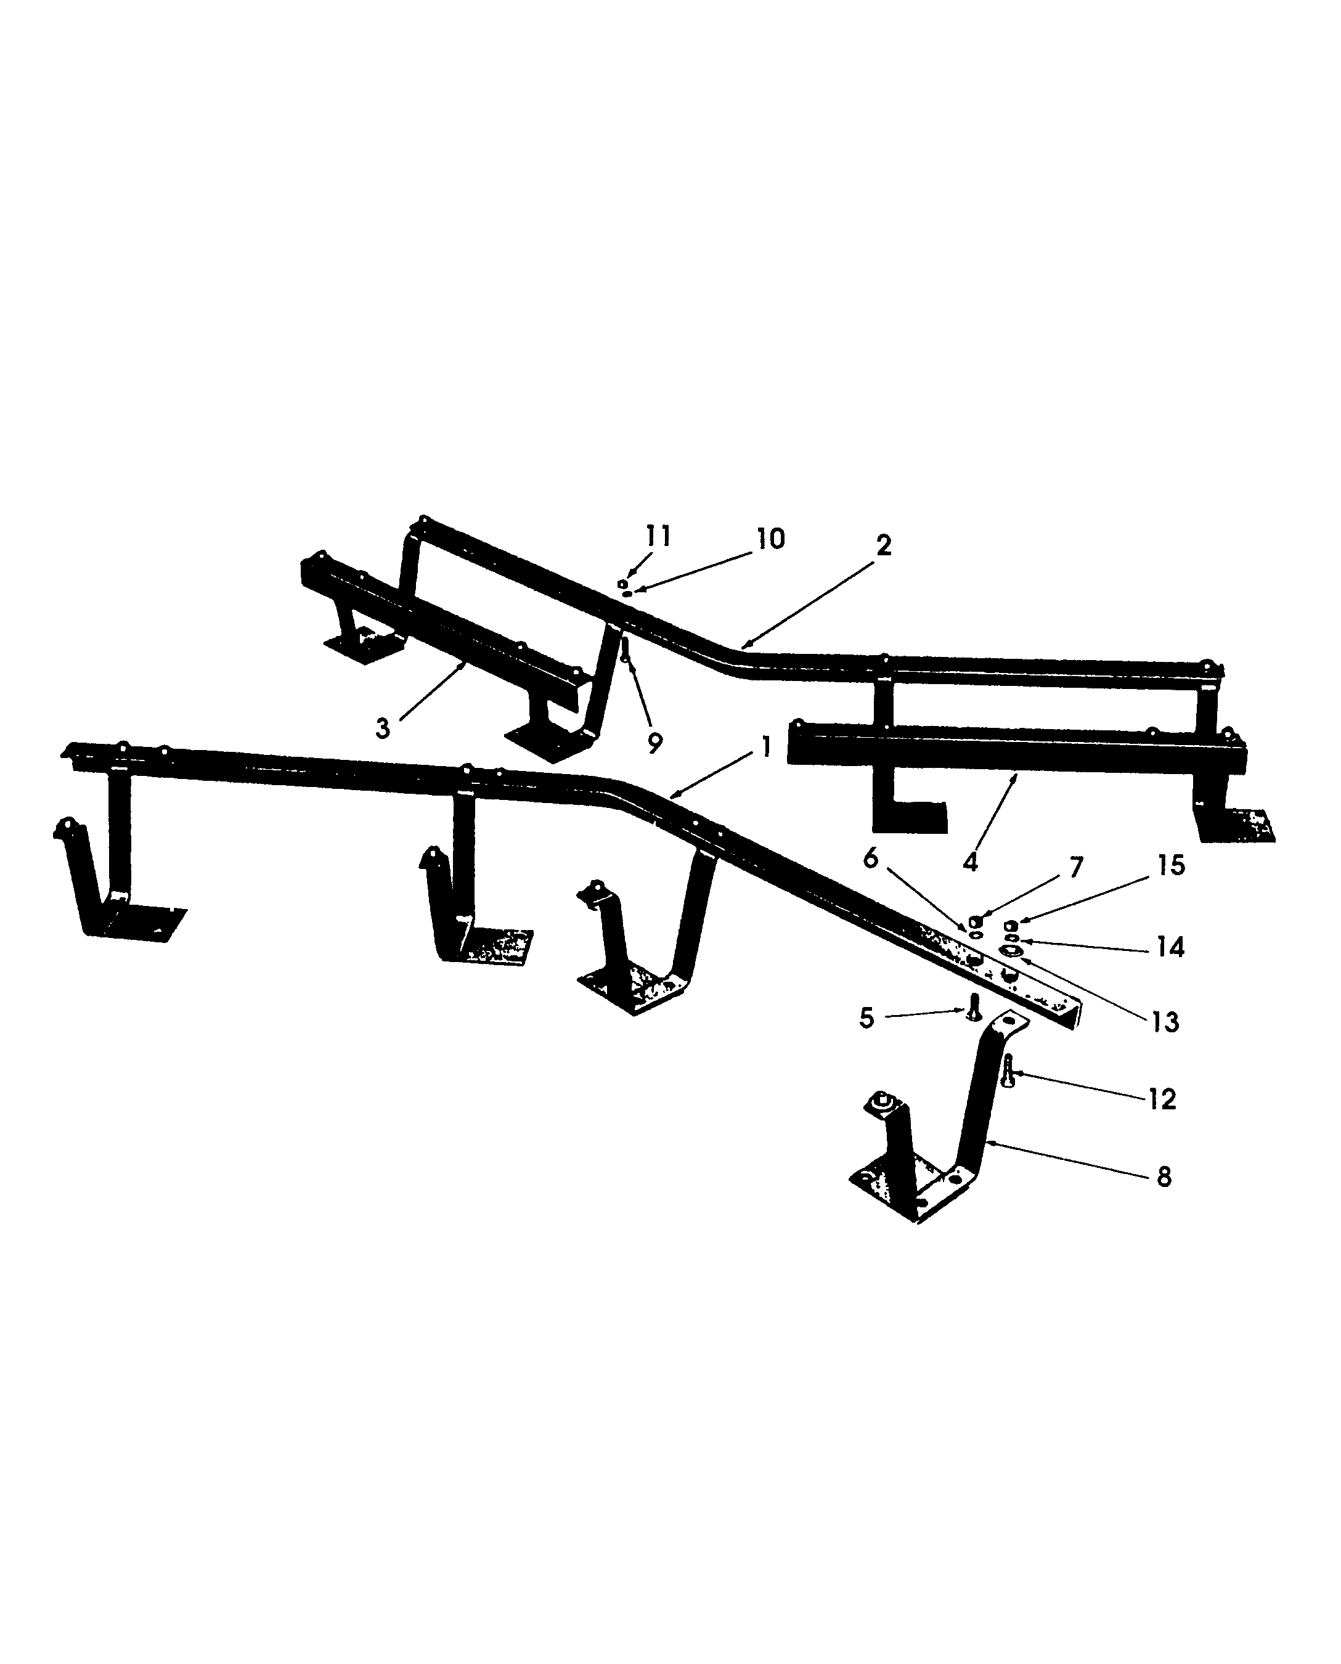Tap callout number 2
tap(884, 545)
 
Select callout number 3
tap(382, 728)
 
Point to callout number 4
tap(971, 862)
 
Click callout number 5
tap(866, 1018)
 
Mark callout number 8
tap(1164, 1177)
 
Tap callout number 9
tap(654, 743)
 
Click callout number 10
tap(770, 539)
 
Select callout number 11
tap(658, 536)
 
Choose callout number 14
tap(1170, 947)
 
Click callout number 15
tap(1171, 865)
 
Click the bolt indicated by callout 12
tap(1008, 1073)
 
